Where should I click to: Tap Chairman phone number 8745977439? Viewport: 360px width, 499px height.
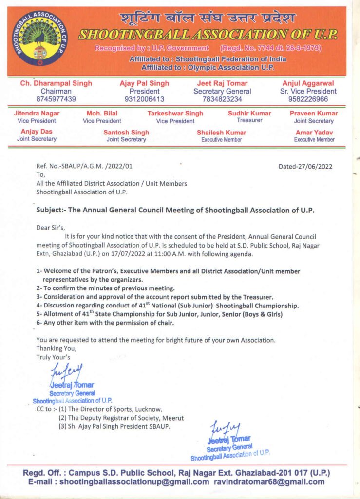56,99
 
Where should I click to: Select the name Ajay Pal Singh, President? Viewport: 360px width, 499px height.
144,83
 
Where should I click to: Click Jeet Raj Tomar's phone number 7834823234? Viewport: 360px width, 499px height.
222,99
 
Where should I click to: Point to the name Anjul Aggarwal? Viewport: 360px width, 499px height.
308,83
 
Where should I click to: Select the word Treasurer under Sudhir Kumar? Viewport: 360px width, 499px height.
249,120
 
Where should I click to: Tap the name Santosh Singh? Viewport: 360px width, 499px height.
126,132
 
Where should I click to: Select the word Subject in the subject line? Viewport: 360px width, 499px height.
50,211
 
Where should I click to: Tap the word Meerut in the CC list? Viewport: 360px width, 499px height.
173,418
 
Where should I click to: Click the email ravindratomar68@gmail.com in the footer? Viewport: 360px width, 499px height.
269,482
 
